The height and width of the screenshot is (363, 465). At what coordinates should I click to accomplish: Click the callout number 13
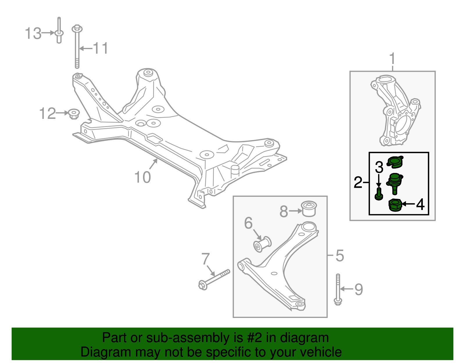coord(33,33)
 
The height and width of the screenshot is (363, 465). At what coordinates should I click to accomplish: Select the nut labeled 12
coord(74,114)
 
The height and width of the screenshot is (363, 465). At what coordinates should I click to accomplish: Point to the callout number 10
coord(142,177)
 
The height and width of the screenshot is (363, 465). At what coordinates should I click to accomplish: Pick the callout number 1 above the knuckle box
coord(392,59)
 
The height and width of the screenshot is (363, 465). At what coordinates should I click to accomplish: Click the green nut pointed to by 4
coord(395,205)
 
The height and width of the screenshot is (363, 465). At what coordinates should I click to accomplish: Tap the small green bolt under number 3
coord(378,194)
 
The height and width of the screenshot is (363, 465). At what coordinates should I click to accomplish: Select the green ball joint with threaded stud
coord(394,182)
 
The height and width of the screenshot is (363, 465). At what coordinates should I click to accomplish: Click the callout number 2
coord(358,182)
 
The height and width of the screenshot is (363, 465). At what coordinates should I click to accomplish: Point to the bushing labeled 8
coord(309,208)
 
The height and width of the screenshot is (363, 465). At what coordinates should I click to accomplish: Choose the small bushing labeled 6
coord(262,244)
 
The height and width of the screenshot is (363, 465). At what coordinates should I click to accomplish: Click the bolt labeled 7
coord(214,278)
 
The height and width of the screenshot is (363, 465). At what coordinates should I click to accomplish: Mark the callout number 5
coord(339,255)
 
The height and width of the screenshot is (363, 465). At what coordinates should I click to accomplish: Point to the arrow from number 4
coord(408,204)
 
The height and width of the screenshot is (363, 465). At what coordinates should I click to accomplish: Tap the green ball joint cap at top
coord(395,162)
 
